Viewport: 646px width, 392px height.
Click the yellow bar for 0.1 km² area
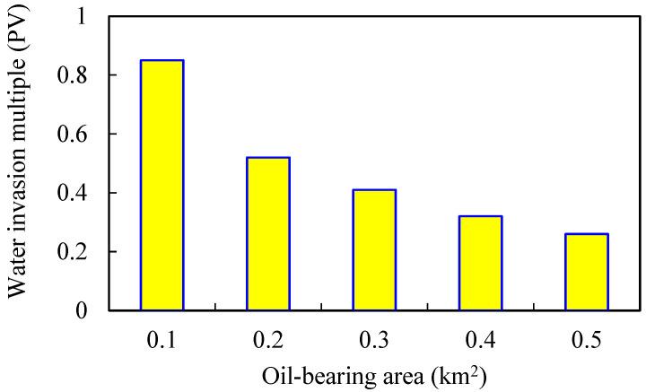[162, 186]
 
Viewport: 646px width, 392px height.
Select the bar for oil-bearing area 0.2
[268, 234]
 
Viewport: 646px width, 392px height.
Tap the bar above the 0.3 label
[374, 250]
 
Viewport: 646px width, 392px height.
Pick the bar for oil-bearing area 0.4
[481, 263]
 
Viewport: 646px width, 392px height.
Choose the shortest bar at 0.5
[587, 272]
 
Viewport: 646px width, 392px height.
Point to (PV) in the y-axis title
[25, 52]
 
